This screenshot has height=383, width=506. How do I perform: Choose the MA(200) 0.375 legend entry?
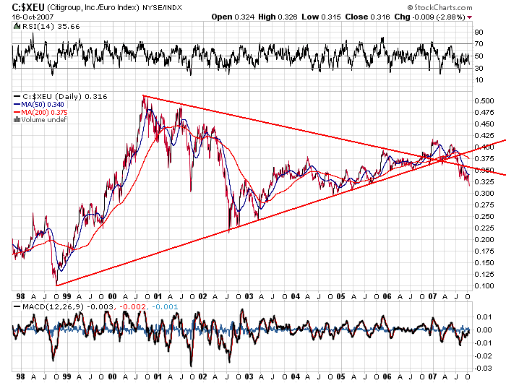(x=43, y=111)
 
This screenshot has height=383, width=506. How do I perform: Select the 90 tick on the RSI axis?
(x=479, y=33)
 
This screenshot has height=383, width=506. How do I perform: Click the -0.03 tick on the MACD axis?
(x=483, y=366)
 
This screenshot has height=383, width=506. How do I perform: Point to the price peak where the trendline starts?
(x=144, y=96)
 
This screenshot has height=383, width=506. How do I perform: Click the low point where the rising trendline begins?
(x=56, y=285)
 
